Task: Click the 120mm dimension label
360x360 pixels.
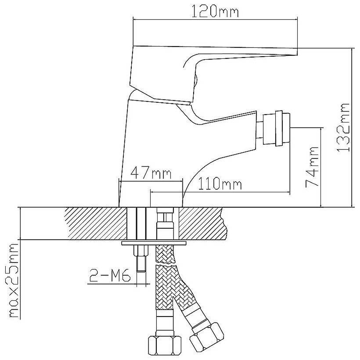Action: [215, 12]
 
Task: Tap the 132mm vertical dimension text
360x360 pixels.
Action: [343, 127]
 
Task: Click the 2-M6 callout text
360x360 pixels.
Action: [109, 277]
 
